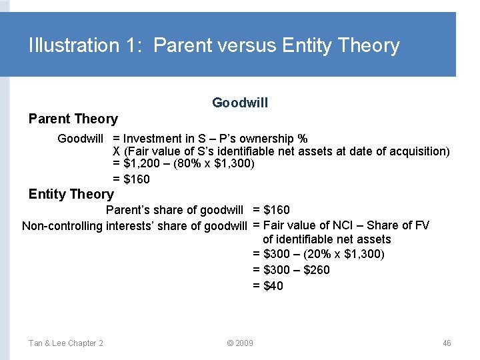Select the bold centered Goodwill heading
(x=240, y=102)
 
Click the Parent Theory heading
(x=73, y=119)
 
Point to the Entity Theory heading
(x=71, y=194)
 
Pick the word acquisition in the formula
(x=419, y=151)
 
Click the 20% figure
(x=323, y=254)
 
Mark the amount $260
(x=315, y=270)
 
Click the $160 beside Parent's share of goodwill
(x=277, y=210)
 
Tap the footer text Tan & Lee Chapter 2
(x=65, y=343)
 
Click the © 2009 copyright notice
(x=239, y=343)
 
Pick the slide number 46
(x=447, y=343)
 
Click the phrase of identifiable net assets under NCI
(x=327, y=239)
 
